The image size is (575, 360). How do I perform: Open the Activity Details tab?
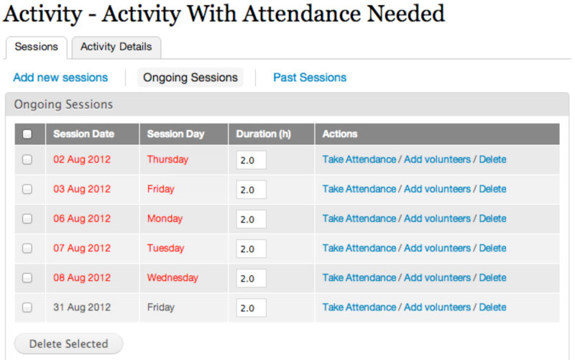[x=116, y=47]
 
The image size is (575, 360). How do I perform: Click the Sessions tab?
[x=37, y=47]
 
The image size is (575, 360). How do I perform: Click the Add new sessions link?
[x=60, y=78]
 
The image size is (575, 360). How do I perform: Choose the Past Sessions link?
[x=310, y=78]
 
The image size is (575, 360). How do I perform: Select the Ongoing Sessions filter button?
[x=190, y=78]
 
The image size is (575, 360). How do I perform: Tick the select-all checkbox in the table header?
[x=27, y=134]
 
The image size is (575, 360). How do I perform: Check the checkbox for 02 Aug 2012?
[x=27, y=160]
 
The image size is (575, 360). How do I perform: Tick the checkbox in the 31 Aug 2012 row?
[x=27, y=308]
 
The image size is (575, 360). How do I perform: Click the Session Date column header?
[x=83, y=134]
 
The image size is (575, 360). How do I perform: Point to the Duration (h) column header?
[x=263, y=134]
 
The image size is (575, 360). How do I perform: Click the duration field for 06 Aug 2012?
[x=251, y=219]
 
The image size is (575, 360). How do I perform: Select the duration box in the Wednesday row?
[x=251, y=278]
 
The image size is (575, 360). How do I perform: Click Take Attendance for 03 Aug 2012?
[x=359, y=189]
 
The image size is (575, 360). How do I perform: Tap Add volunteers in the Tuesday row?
[x=437, y=248]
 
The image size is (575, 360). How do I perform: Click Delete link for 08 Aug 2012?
[x=492, y=277]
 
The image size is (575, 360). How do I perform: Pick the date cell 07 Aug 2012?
[x=82, y=248]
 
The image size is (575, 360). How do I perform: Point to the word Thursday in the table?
[x=167, y=160]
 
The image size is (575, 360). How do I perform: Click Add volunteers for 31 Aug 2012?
[x=437, y=308]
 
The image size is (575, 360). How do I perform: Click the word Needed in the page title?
[x=406, y=14]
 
